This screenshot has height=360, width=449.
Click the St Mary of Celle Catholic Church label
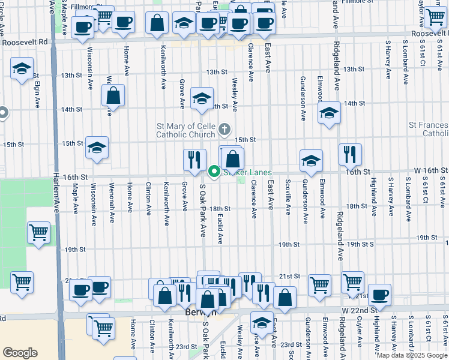click(185, 130)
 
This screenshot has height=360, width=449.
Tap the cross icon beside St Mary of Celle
click(224, 128)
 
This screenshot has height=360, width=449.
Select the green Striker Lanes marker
click(214, 173)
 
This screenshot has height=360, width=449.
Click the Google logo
click(20, 353)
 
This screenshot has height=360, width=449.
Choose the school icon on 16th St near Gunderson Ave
click(311, 160)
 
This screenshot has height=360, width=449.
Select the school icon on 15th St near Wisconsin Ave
click(96, 147)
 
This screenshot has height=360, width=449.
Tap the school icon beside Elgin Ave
click(22, 69)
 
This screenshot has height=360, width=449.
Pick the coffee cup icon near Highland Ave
click(379, 294)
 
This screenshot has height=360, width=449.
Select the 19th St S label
click(360, 244)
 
